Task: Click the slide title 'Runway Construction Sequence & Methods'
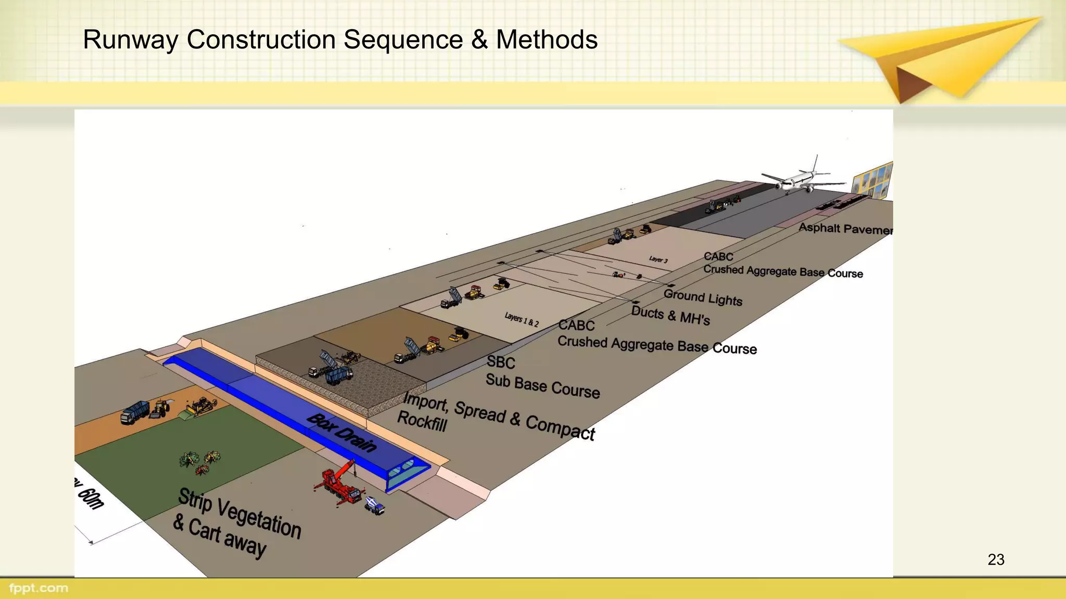[340, 40]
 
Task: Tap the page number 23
[996, 559]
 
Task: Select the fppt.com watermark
[39, 588]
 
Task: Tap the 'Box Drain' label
[341, 433]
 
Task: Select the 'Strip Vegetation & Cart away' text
[238, 523]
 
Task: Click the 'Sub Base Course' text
[542, 386]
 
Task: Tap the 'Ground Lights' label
[703, 297]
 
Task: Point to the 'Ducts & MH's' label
[670, 315]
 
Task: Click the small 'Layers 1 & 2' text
[522, 319]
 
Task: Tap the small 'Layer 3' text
[658, 259]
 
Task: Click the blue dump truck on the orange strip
[134, 413]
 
